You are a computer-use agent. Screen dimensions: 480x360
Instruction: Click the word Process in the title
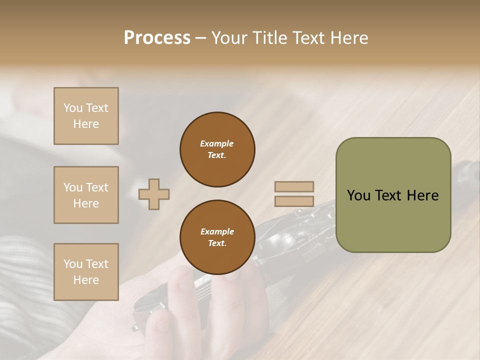click(157, 37)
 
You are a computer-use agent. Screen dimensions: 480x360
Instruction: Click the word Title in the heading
click(266, 37)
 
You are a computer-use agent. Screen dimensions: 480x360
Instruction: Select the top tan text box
click(86, 116)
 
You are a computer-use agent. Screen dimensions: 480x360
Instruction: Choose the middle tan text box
click(86, 195)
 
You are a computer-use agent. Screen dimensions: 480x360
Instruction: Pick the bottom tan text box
click(86, 272)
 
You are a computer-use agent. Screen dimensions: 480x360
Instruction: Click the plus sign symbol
click(154, 194)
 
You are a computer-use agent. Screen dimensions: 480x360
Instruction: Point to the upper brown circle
click(217, 149)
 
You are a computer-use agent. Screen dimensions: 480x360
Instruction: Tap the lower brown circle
click(217, 237)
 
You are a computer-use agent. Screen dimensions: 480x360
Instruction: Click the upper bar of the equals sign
click(294, 186)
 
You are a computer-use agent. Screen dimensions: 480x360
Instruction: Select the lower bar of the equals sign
click(294, 201)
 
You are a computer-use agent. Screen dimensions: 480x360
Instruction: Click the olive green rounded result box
click(393, 195)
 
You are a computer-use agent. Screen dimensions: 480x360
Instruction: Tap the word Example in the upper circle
click(216, 143)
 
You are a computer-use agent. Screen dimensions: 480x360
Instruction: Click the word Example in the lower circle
click(217, 231)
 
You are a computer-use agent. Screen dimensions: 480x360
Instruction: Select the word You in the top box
click(73, 108)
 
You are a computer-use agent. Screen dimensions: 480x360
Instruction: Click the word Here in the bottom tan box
click(86, 280)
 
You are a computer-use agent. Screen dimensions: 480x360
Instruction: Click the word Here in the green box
click(422, 195)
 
